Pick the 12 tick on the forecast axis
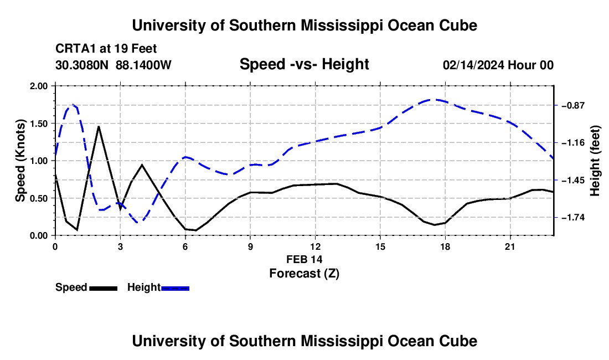click(316, 246)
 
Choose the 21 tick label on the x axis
click(510, 246)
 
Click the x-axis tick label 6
click(185, 246)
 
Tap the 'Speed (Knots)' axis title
click(20, 161)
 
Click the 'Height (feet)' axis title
click(595, 161)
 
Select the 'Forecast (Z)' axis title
click(304, 274)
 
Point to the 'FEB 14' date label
click(304, 259)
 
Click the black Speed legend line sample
click(104, 289)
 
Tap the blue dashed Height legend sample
click(175, 289)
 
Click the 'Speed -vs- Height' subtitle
click(304, 64)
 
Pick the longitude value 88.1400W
click(143, 65)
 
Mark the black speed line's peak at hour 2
click(99, 127)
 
